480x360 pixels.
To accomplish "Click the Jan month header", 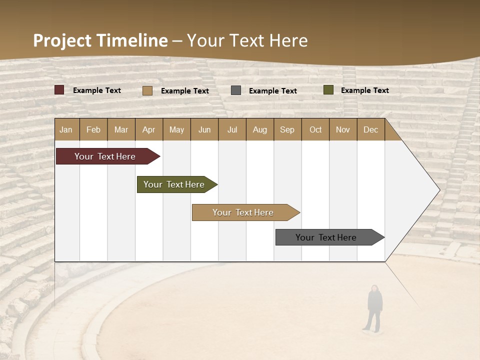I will coord(66,129).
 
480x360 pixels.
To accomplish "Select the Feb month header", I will coord(93,129).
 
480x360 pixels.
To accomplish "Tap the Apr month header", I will coord(148,129).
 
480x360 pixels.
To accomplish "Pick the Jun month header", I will coord(204,129).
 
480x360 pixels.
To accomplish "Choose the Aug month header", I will coord(259,129).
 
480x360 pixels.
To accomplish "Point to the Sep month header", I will coord(287,129).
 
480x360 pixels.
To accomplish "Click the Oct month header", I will coord(315,129).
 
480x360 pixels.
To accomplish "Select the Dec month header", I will coord(370,129).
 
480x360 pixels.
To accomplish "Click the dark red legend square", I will coord(59,90).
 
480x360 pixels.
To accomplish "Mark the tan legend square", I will coord(147,90).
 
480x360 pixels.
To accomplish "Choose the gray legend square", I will coord(236,90).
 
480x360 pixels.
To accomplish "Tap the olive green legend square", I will coord(328,90).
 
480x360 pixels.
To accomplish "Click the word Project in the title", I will coord(62,40).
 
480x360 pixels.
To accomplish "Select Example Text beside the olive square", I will coord(364,90).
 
